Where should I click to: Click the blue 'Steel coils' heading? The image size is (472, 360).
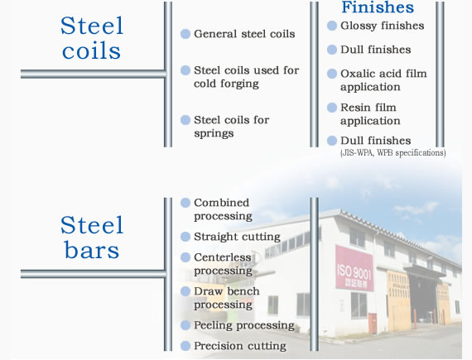[x=92, y=38]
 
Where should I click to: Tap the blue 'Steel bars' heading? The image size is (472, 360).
[x=92, y=238]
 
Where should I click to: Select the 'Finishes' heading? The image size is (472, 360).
[x=378, y=7]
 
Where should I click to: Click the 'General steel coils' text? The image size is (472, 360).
[x=244, y=34]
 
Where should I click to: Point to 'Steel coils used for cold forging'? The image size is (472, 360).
[x=246, y=77]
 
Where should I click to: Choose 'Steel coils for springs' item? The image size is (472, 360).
[x=232, y=127]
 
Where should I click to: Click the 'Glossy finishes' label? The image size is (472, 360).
[x=383, y=26]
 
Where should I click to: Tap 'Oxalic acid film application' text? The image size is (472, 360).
[x=383, y=80]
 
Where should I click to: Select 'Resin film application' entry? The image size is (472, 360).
[x=370, y=114]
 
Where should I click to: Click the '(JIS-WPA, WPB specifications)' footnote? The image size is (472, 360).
[x=393, y=153]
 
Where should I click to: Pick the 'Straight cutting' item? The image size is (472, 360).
[x=237, y=237]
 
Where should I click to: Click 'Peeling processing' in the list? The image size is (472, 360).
[x=244, y=325]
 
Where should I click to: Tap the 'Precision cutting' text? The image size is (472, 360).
[x=240, y=346]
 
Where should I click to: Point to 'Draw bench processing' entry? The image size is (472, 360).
[x=227, y=298]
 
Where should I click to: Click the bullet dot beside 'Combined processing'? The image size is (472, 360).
[x=185, y=203]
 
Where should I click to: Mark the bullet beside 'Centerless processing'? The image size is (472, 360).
[x=185, y=257]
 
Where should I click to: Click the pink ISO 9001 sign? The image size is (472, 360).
[x=354, y=268]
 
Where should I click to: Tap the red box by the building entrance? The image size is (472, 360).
[x=373, y=324]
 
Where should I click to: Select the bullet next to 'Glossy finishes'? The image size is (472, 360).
[x=332, y=26]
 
